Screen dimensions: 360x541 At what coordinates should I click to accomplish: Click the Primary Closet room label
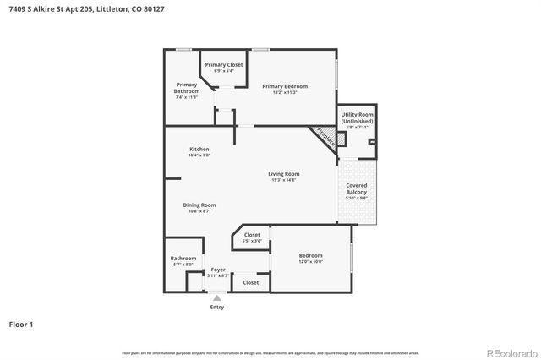tap(224, 64)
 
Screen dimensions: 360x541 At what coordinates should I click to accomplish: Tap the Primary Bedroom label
tap(285, 85)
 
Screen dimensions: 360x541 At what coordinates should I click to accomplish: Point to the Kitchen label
tap(199, 150)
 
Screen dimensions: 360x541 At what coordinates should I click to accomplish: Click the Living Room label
tap(284, 174)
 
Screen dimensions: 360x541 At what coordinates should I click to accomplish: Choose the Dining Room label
tap(199, 205)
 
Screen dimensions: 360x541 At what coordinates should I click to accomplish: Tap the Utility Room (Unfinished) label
tap(357, 117)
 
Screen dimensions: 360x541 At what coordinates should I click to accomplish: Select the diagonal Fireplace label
tap(325, 138)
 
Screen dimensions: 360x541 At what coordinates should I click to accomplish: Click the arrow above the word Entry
tap(217, 297)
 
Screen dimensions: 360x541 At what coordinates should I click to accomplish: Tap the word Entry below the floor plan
tap(217, 307)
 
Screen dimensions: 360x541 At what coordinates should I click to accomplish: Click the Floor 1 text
tap(21, 325)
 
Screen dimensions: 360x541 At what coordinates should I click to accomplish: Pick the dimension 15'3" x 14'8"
tap(284, 180)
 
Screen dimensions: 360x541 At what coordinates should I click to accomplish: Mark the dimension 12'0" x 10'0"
tap(310, 262)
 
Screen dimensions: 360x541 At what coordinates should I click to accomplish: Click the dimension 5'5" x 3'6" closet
tap(252, 241)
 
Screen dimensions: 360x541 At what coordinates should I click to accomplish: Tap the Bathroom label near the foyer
tap(183, 259)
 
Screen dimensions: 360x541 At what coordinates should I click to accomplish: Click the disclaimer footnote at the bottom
tap(270, 352)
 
